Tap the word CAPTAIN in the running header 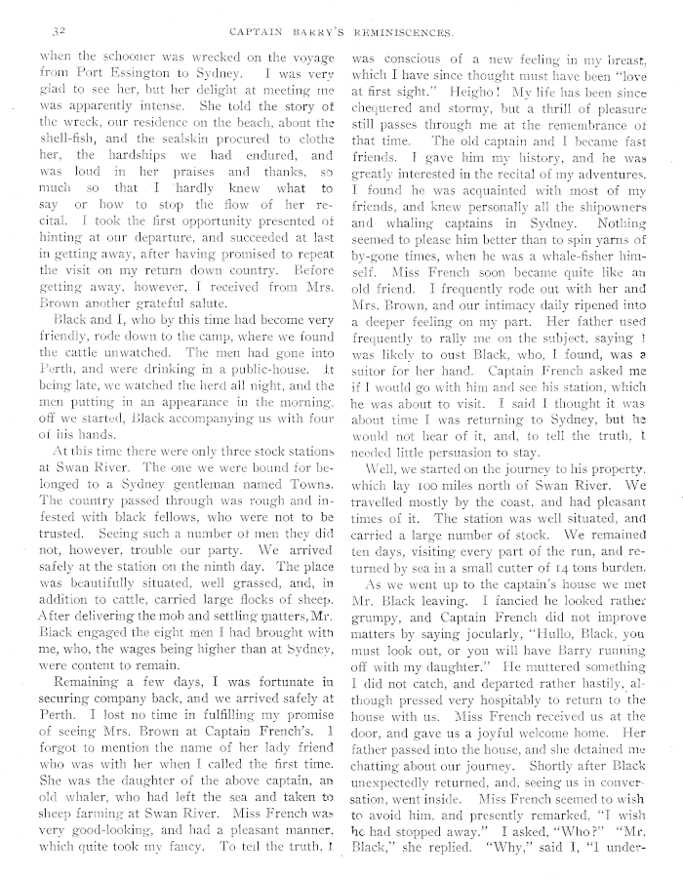click(256, 30)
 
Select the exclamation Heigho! click(440, 94)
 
